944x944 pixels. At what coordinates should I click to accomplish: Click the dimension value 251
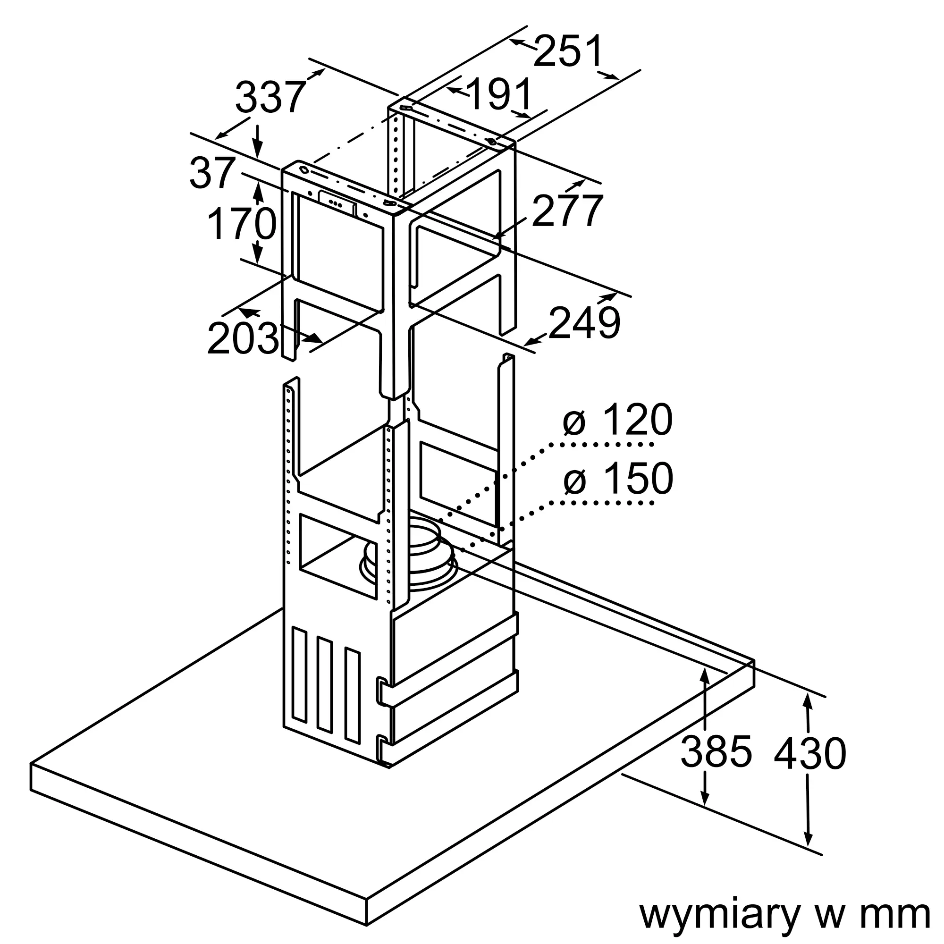568,51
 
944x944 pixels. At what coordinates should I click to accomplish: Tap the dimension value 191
499,94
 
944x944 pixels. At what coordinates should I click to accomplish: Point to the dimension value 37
212,172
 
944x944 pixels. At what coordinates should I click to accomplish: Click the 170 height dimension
242,224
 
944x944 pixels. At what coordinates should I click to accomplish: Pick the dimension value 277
567,211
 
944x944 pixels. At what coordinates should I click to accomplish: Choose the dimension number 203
243,338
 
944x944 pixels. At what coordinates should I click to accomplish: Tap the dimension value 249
584,322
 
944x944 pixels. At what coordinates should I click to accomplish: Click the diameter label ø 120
617,420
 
